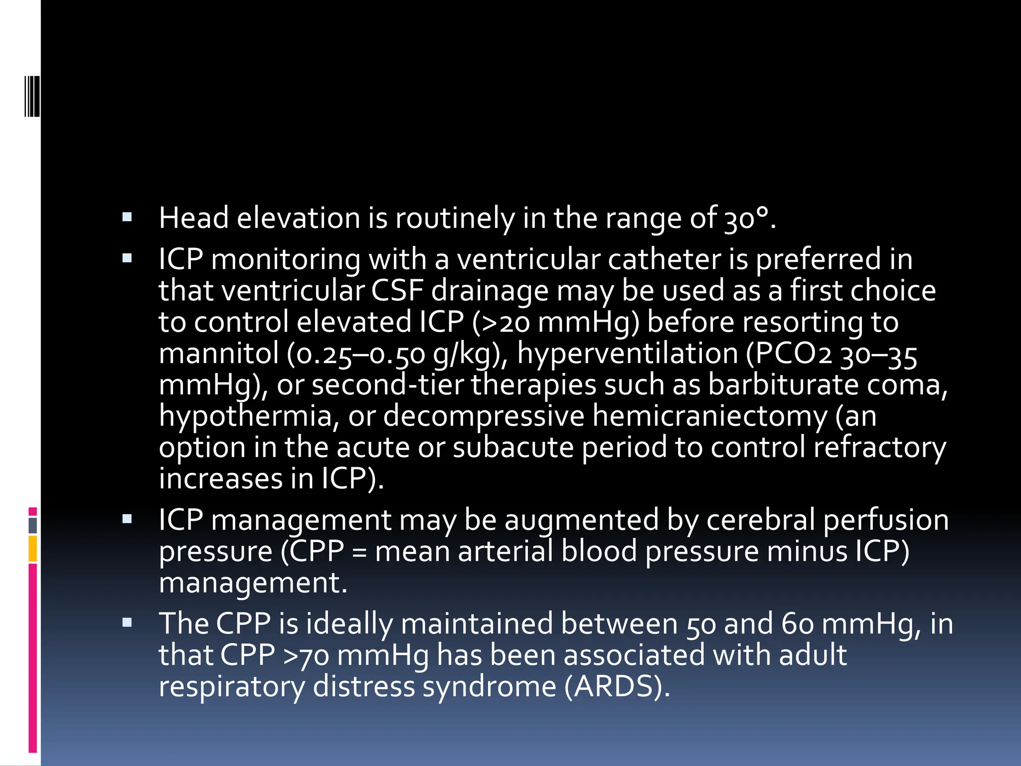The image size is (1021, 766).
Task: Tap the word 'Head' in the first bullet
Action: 193,218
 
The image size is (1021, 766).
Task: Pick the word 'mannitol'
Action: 218,354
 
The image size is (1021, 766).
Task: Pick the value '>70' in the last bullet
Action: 306,655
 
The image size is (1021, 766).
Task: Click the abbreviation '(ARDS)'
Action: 617,687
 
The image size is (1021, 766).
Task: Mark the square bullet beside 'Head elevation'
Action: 127,217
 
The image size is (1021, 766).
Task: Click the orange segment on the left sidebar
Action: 33,549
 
